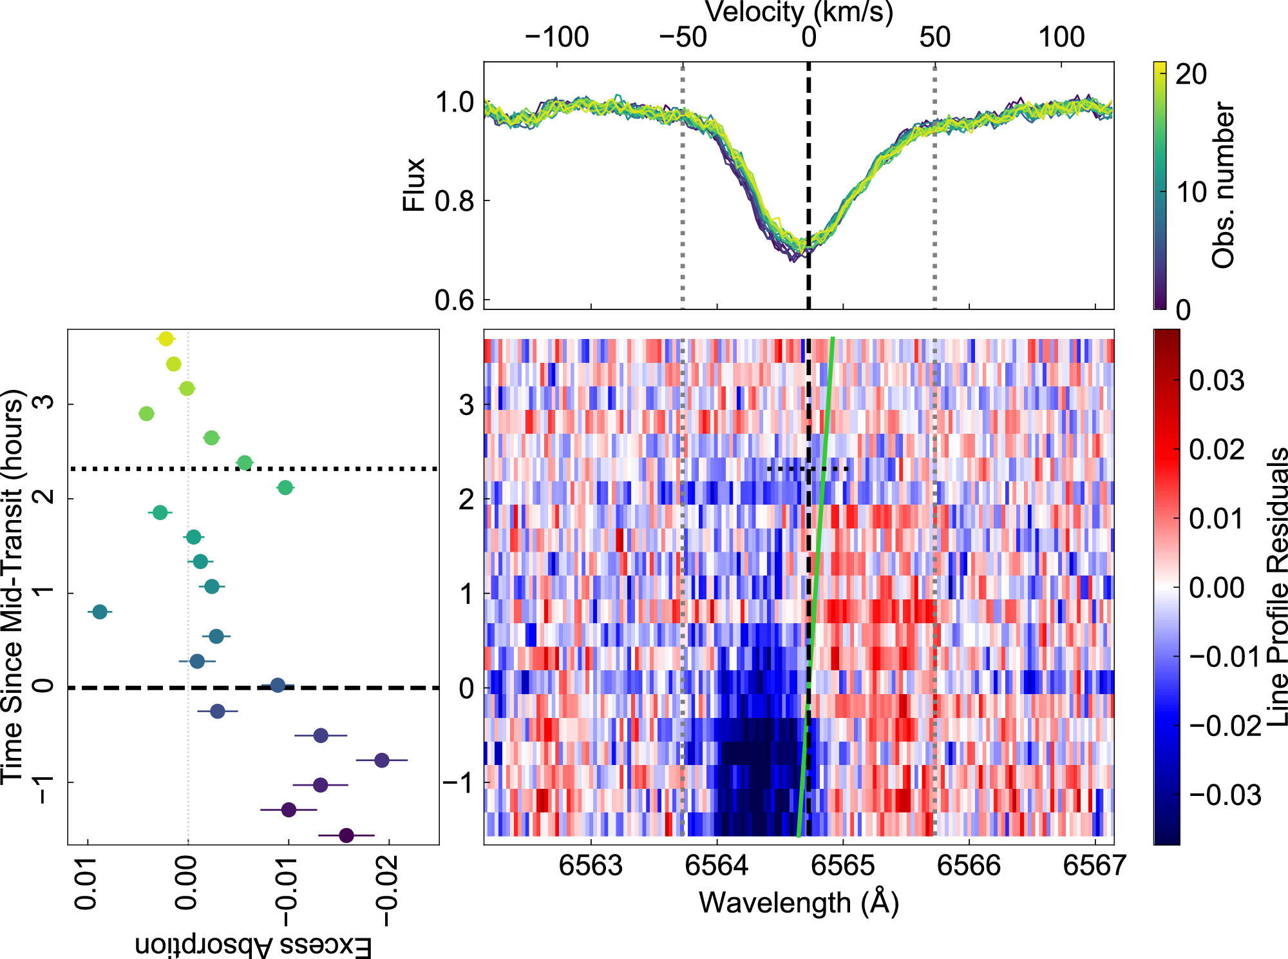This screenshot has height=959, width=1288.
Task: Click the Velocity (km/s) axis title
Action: tap(799, 12)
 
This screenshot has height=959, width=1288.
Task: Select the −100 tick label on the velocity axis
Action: tap(557, 37)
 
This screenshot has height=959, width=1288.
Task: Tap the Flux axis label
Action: tap(413, 184)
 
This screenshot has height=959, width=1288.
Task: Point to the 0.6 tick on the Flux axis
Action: tap(455, 300)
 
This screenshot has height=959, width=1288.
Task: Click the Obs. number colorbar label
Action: tap(1223, 185)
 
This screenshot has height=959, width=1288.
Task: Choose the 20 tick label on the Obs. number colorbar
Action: tap(1191, 75)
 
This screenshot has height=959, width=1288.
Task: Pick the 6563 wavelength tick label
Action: tap(591, 866)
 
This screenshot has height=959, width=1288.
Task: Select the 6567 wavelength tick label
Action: tap(1095, 866)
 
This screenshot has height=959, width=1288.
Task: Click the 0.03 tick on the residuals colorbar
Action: tap(1216, 380)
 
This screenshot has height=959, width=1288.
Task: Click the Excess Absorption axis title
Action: tap(253, 945)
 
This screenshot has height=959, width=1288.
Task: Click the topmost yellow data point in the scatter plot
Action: tap(166, 339)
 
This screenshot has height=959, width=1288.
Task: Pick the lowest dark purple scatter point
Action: tap(346, 835)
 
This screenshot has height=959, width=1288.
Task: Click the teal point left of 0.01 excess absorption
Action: tap(100, 612)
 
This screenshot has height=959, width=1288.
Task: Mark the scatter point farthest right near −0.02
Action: tap(381, 760)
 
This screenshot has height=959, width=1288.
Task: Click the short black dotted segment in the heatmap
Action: tap(808, 469)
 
